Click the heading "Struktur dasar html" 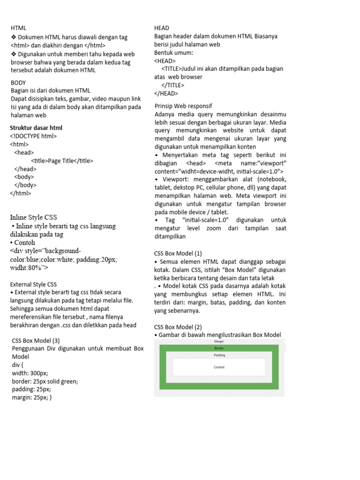click(x=36, y=128)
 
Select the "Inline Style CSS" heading click(x=33, y=217)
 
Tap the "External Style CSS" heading click(x=33, y=284)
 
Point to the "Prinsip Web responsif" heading click(x=183, y=105)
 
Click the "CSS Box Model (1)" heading click(x=178, y=253)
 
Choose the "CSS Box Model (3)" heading click(x=36, y=340)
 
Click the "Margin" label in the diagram click(x=219, y=342)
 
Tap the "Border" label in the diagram click(x=219, y=348)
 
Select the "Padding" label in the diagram click(x=219, y=355)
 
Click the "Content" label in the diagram click(x=219, y=367)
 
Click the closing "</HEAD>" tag click(x=166, y=93)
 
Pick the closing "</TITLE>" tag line click(x=172, y=85)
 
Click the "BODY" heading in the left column click(x=18, y=83)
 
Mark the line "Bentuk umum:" click(x=173, y=52)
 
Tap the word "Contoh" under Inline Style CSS click(x=24, y=242)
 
